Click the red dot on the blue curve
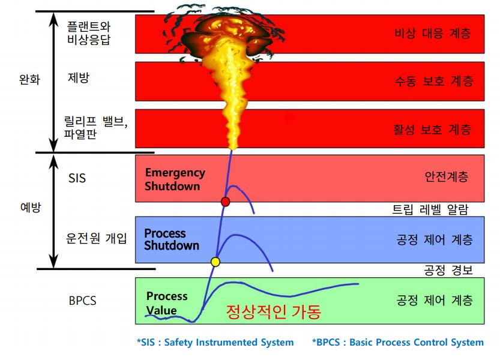click(x=226, y=202)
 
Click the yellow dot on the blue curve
click(x=215, y=262)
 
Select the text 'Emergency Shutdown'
click(x=175, y=179)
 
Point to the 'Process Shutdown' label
click(x=172, y=239)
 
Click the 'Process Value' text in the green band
click(x=166, y=304)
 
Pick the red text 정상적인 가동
click(x=273, y=312)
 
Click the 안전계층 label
click(x=445, y=177)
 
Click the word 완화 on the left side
click(x=29, y=79)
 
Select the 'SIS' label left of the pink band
click(x=77, y=178)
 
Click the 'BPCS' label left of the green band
click(x=82, y=301)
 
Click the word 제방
click(x=79, y=77)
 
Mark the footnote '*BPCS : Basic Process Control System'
click(x=397, y=343)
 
